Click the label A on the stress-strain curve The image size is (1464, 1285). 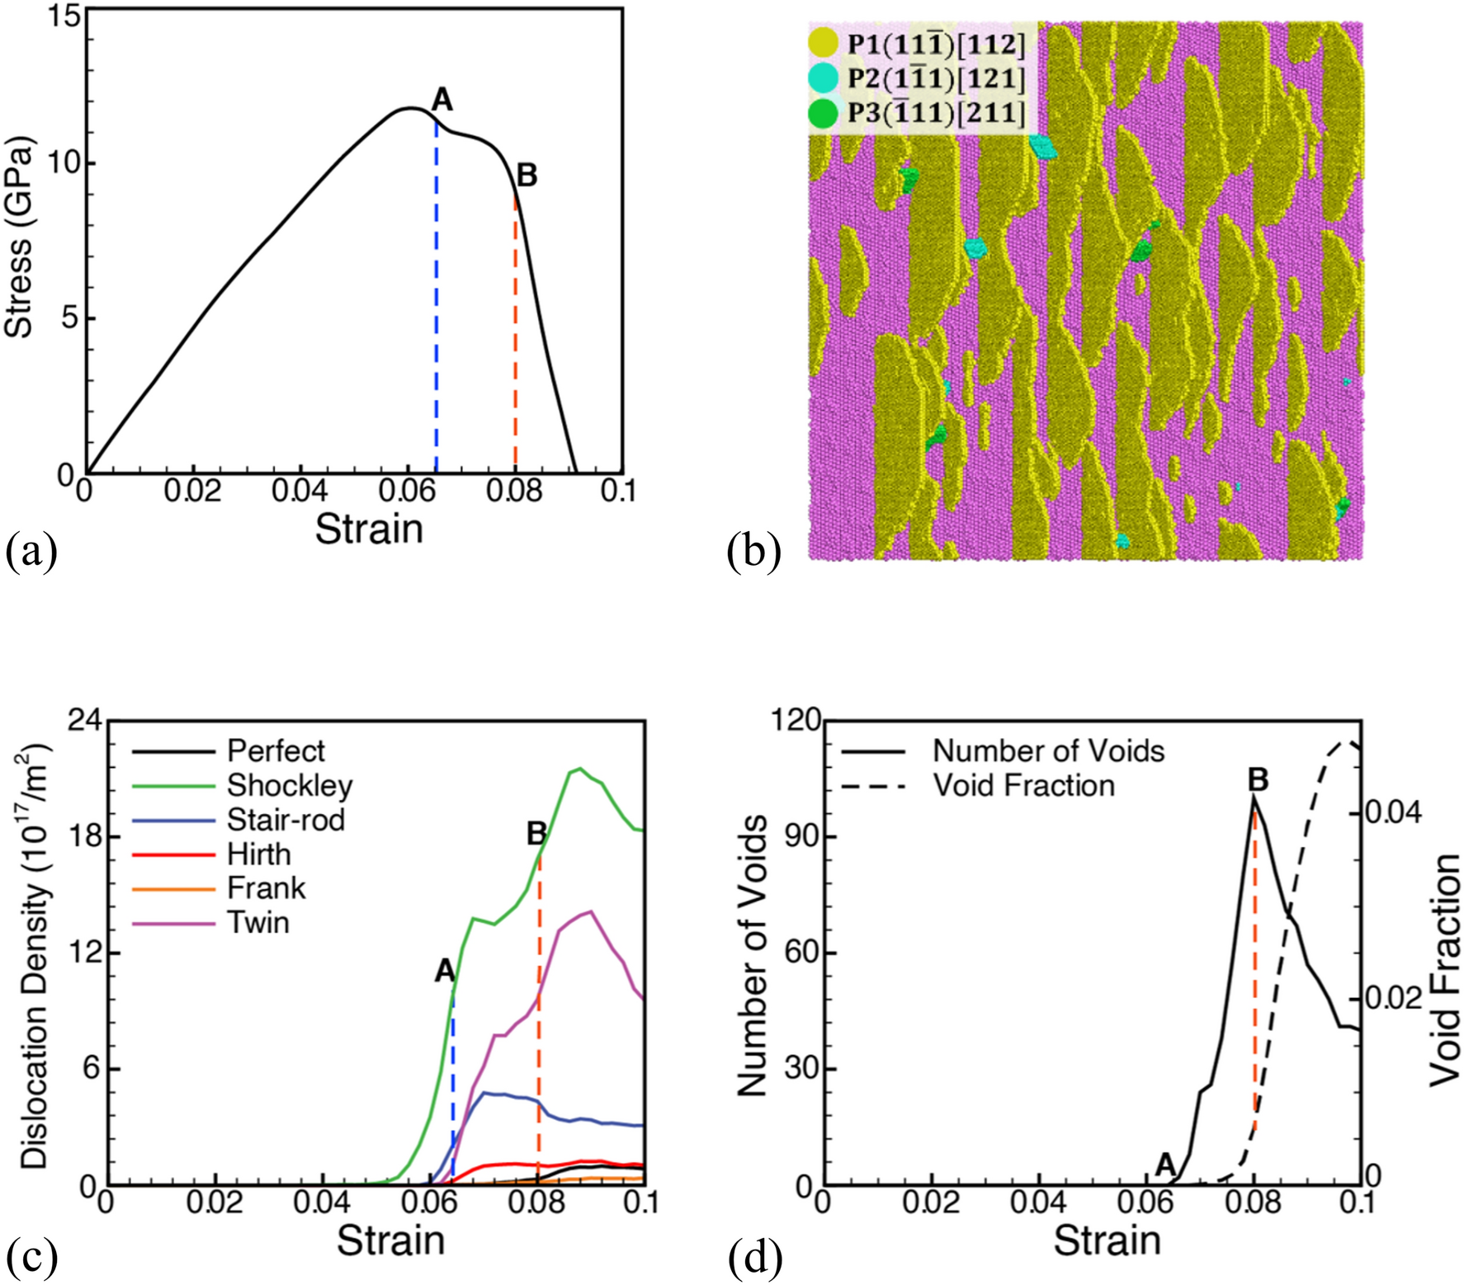[442, 100]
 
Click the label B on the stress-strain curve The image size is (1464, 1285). [527, 175]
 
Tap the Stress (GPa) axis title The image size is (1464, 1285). [20, 238]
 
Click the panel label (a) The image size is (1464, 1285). [32, 552]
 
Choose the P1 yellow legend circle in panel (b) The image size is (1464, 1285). [823, 43]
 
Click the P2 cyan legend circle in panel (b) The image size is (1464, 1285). [823, 78]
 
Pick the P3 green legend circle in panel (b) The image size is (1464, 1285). [823, 114]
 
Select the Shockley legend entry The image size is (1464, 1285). [290, 785]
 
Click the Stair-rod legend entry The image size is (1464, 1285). [286, 820]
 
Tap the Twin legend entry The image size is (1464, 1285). [258, 922]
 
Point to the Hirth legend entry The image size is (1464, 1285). [259, 854]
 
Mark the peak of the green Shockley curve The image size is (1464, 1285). [580, 769]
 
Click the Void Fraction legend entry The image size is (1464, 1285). [1023, 785]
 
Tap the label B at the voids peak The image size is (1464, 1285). [1258, 779]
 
